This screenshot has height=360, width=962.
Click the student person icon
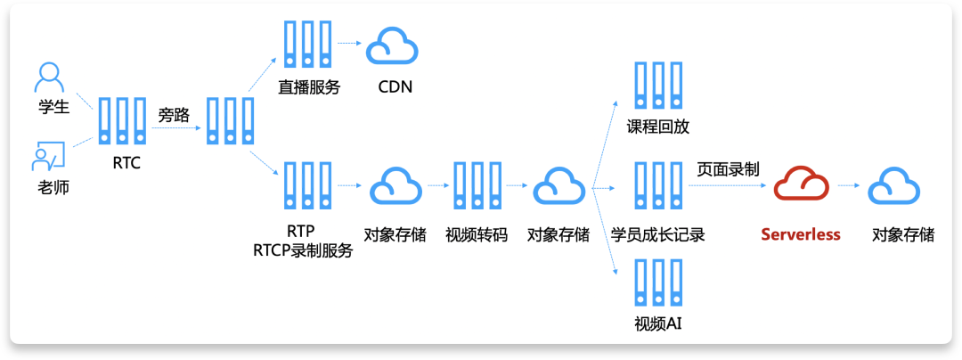[50, 77]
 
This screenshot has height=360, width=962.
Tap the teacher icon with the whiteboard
[47, 156]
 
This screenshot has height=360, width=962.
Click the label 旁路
[174, 115]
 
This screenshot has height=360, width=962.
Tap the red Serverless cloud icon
[800, 186]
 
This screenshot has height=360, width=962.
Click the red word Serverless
[800, 234]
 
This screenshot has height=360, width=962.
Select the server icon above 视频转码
[476, 186]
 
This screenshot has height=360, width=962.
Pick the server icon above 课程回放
[657, 86]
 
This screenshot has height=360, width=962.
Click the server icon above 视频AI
[657, 282]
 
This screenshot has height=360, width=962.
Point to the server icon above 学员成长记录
[657, 186]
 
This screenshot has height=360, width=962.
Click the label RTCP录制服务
[303, 251]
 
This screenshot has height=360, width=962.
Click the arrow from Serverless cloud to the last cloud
[847, 186]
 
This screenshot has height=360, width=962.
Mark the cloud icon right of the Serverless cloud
[893, 186]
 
